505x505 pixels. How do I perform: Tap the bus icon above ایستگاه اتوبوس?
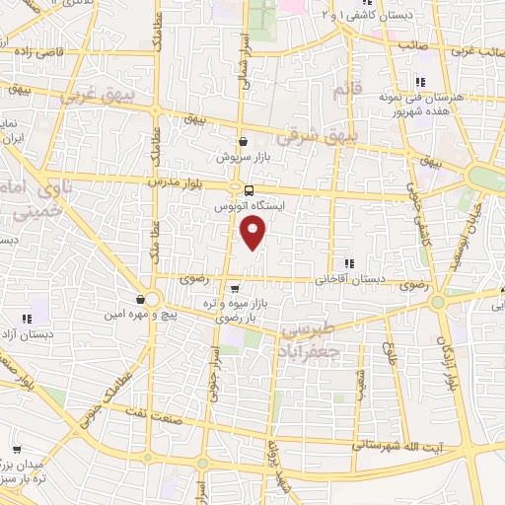249,190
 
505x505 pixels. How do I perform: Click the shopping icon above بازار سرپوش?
243,142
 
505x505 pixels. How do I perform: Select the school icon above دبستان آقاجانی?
349,262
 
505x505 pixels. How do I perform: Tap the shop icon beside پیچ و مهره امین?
142,299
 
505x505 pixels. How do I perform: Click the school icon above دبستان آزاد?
27,319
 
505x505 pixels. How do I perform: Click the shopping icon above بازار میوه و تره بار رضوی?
234,287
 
